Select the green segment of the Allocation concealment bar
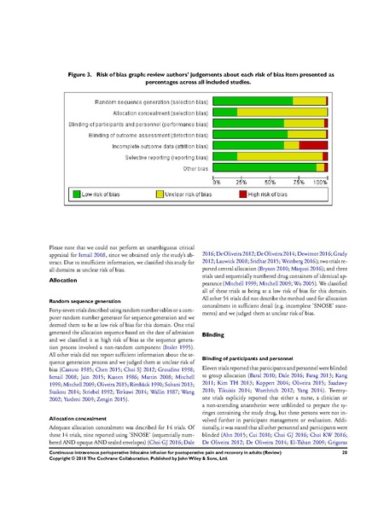(225, 112)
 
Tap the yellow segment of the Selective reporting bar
(282, 157)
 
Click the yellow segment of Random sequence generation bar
(310, 101)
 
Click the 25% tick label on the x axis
(241, 183)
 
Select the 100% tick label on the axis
(321, 183)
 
